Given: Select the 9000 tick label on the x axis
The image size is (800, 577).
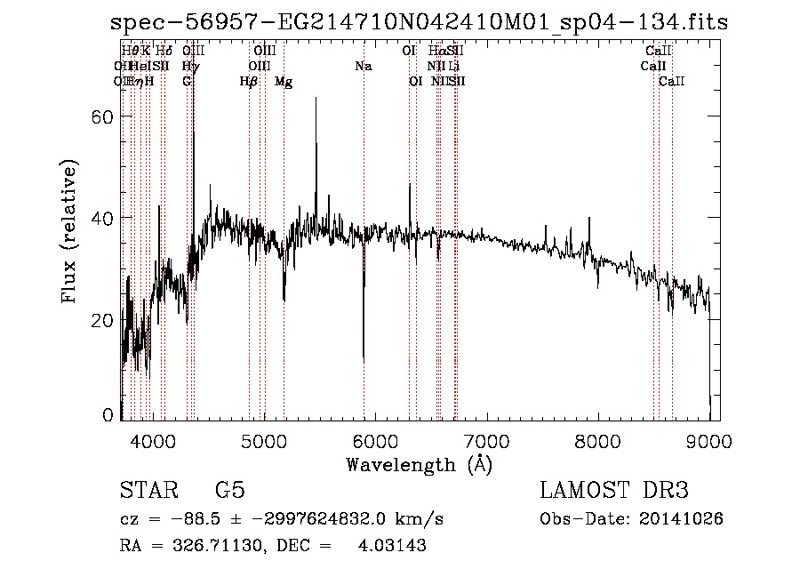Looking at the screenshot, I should tap(708, 442).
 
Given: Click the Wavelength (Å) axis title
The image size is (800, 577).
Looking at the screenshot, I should tap(419, 464).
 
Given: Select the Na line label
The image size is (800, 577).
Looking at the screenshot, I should tap(363, 66).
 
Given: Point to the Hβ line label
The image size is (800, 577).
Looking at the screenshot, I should tap(249, 82).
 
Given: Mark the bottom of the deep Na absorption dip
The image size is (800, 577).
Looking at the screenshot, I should tap(364, 358).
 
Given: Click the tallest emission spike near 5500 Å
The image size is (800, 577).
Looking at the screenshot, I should tap(316, 99).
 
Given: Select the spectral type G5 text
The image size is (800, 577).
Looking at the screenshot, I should tap(229, 491).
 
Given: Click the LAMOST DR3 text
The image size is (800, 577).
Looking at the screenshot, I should tap(613, 491).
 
